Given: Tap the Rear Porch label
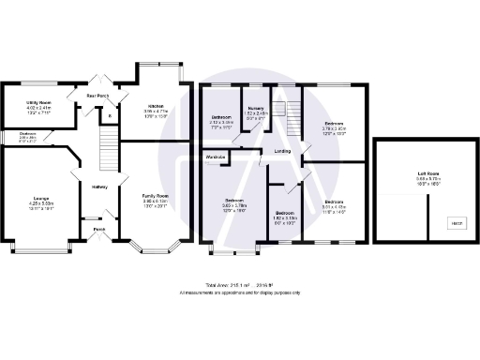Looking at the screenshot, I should pyautogui.click(x=97, y=96).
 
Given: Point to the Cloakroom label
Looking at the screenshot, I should pyautogui.click(x=28, y=133).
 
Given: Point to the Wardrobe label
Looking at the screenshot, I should pyautogui.click(x=219, y=157).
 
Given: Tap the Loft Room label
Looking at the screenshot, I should pyautogui.click(x=429, y=173).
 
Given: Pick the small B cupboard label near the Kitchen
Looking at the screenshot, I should pyautogui.click(x=111, y=116).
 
